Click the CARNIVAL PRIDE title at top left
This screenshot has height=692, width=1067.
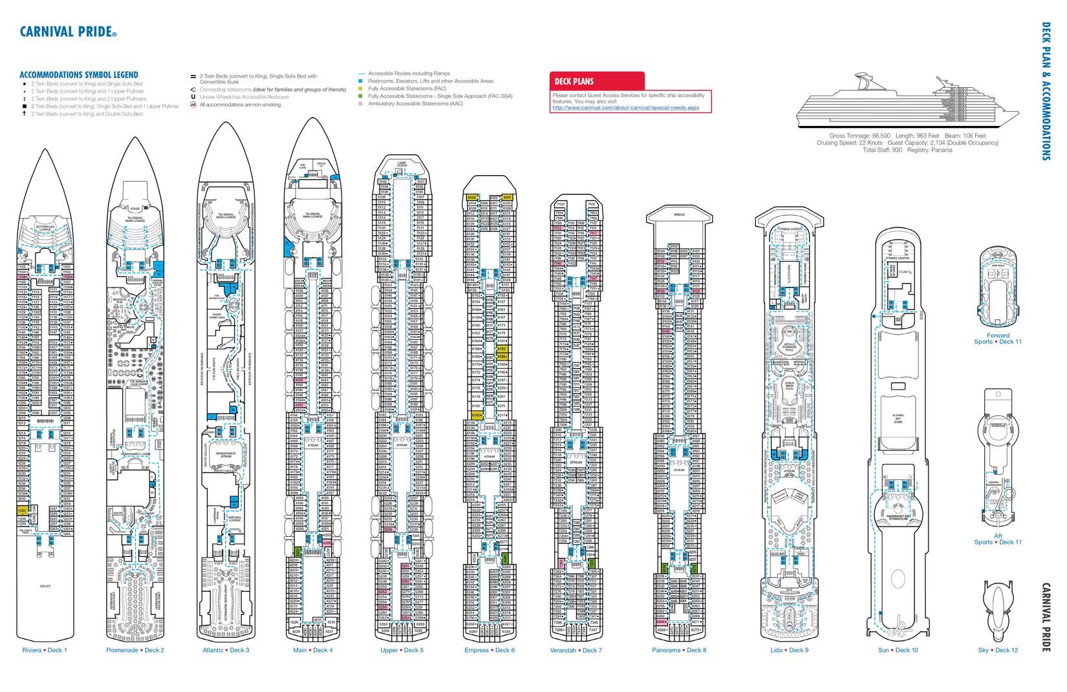(69, 32)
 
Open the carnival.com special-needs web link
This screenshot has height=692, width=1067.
(625, 108)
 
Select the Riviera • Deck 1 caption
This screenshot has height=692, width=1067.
(45, 650)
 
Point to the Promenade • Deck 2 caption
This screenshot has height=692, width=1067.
(135, 650)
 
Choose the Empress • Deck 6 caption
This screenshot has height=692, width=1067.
(490, 650)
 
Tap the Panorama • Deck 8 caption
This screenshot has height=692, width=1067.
(679, 650)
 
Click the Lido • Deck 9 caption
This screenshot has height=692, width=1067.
(789, 650)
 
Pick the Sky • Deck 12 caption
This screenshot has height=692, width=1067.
(998, 650)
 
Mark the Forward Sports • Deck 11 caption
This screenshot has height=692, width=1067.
(998, 339)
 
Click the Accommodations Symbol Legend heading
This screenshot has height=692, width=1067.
(79, 75)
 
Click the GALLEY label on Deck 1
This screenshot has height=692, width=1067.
(45, 586)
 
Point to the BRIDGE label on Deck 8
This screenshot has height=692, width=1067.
(679, 215)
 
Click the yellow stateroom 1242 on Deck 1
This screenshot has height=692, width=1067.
(22, 511)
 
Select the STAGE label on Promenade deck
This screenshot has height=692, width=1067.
(135, 209)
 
